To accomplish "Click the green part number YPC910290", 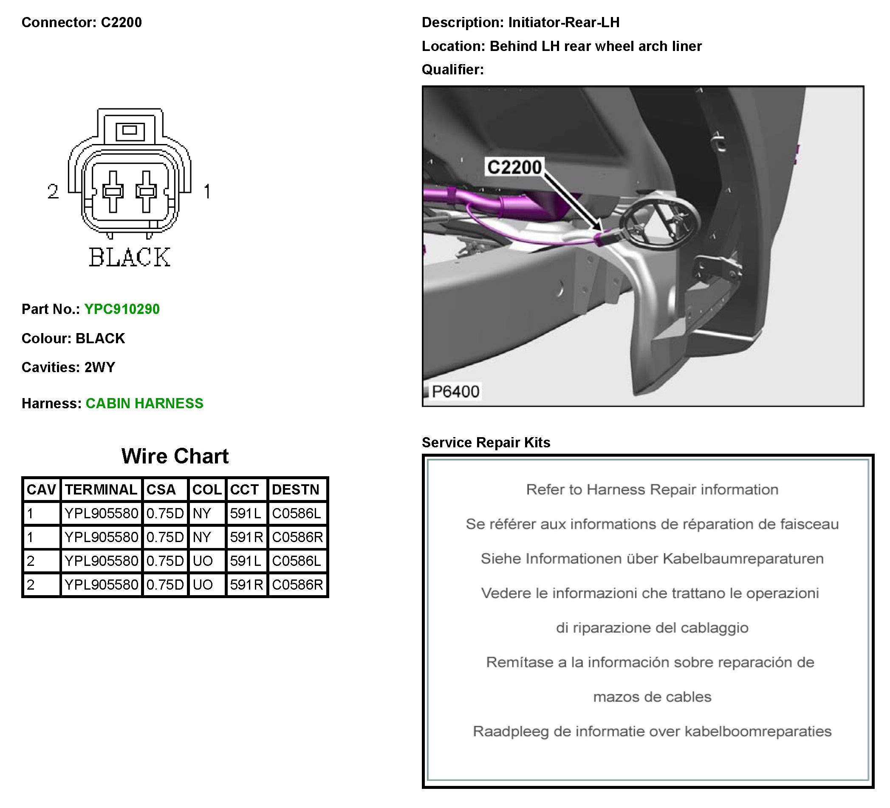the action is pyautogui.click(x=122, y=309).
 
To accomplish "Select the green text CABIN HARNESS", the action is pyautogui.click(x=144, y=404).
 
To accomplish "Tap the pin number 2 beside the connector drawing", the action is pyautogui.click(x=53, y=192).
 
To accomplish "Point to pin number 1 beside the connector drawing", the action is pyautogui.click(x=207, y=192).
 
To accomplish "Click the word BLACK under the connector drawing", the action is pyautogui.click(x=129, y=257).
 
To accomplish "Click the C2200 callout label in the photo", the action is pyautogui.click(x=514, y=167).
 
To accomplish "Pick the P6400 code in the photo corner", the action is pyautogui.click(x=455, y=392).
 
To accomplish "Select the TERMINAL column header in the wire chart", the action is pyautogui.click(x=101, y=490).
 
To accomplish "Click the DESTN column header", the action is pyautogui.click(x=295, y=490).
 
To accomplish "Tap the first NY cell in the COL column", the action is pyautogui.click(x=202, y=514).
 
